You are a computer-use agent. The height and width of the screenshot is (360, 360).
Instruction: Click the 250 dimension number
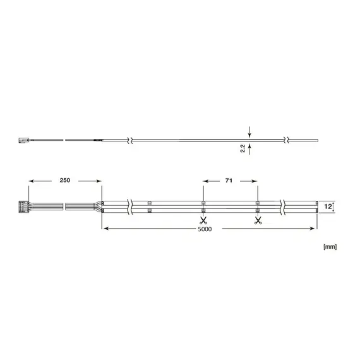coord(65,181)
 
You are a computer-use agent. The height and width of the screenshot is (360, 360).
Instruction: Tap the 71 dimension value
coord(231,181)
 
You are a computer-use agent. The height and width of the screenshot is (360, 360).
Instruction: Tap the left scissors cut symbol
coord(203,220)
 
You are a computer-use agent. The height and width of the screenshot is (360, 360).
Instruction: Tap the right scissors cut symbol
coord(257,220)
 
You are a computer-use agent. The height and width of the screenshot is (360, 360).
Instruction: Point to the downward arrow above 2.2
coord(250,133)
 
